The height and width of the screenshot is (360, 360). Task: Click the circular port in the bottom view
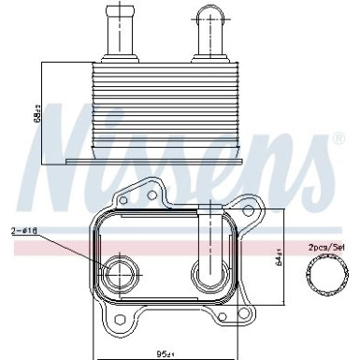119,274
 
